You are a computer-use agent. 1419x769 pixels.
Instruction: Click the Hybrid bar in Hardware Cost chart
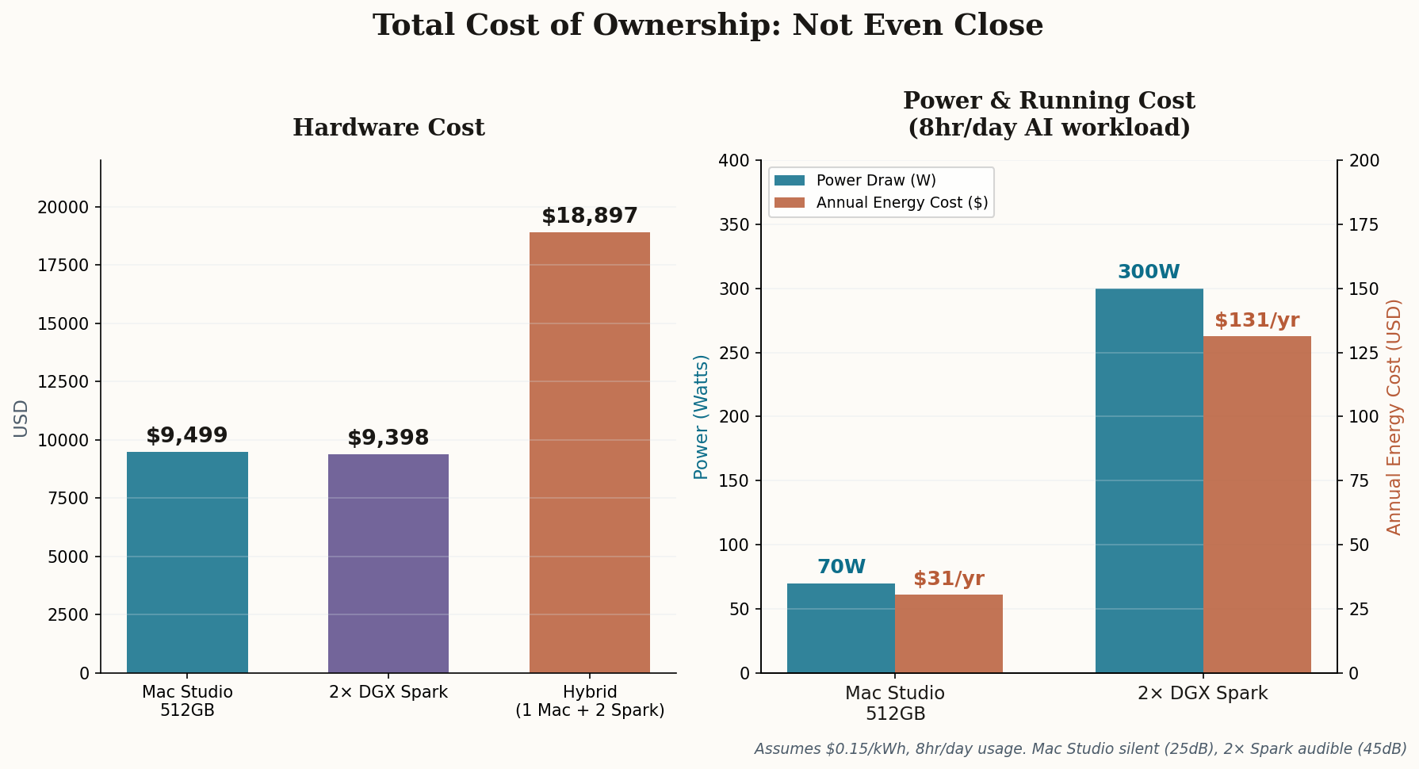pos(590,452)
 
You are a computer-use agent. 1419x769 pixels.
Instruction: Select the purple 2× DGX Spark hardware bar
pos(388,563)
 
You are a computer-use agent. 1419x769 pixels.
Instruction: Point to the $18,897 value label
pos(590,216)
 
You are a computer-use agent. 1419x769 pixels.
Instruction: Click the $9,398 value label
pos(388,438)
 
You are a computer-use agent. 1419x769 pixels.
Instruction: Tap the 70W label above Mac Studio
pos(841,567)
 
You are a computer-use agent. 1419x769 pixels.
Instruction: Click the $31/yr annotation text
pos(949,579)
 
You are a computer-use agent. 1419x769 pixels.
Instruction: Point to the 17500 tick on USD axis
pos(63,266)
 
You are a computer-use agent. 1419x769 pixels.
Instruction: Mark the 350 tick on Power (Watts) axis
pos(733,225)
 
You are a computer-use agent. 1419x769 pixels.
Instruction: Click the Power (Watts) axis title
pos(701,417)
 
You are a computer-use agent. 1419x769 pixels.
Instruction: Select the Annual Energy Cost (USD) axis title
pos(1394,417)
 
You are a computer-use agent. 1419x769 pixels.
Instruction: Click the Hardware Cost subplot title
pos(388,128)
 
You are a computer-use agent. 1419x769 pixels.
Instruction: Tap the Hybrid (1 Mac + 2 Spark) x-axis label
pos(590,701)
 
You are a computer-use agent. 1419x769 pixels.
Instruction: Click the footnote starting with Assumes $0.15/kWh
pos(1080,748)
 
